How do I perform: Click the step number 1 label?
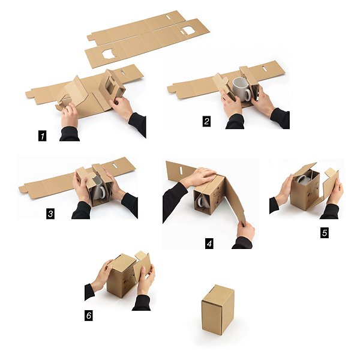pos(42,136)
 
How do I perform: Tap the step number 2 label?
pos(206,121)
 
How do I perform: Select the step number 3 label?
pos(50,214)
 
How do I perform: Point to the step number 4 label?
pos(209,244)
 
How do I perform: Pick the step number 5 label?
pos(325,233)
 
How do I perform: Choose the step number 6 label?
pos(89,316)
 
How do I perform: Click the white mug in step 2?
pos(242,89)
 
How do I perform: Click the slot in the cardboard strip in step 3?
pos(115,164)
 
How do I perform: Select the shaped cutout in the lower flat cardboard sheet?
pos(109,54)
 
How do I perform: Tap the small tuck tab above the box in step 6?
pos(139,254)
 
